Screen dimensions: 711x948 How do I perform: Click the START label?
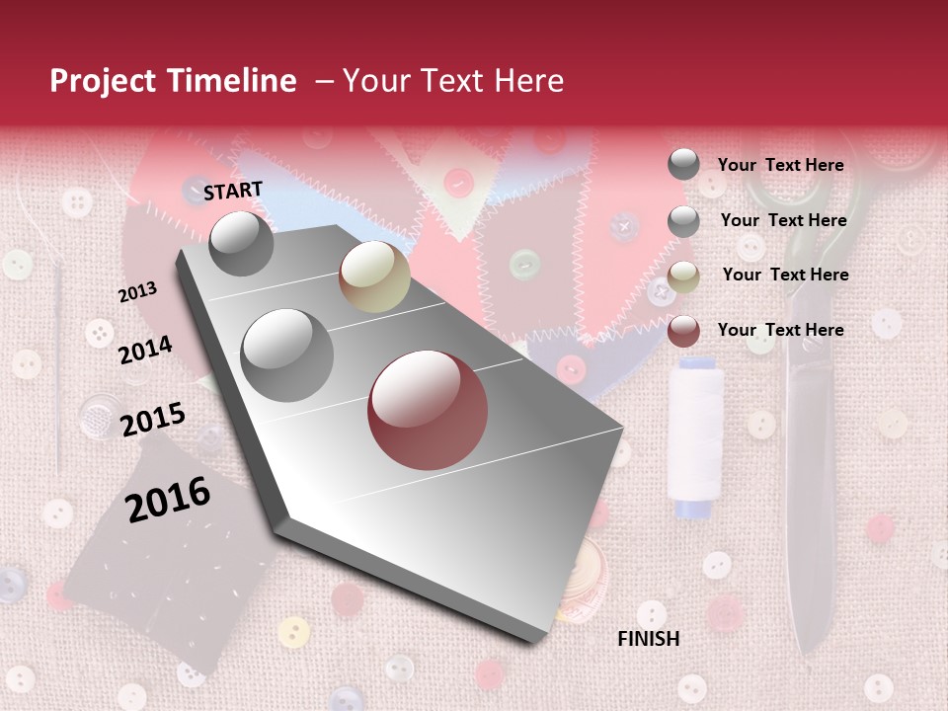[x=233, y=191]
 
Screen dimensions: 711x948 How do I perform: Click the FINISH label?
[x=648, y=639]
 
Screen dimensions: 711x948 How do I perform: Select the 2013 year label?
[x=137, y=292]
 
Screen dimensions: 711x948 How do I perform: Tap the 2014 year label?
[x=145, y=350]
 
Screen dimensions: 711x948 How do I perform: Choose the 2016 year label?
[x=168, y=499]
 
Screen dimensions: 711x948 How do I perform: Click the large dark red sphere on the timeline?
[x=428, y=410]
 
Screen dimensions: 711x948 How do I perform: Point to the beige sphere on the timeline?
[x=374, y=276]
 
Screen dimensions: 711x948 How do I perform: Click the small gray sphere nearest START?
[x=241, y=243]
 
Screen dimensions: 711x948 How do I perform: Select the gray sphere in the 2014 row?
[x=286, y=355]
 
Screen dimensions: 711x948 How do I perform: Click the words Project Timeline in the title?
[x=173, y=81]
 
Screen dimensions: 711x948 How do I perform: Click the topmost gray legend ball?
[x=683, y=164]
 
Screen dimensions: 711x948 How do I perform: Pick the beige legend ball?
[x=683, y=276]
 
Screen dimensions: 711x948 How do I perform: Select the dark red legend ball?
[x=683, y=331]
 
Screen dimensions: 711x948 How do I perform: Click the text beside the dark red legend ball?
[x=780, y=330]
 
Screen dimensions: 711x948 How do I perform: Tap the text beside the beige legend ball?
[x=785, y=275]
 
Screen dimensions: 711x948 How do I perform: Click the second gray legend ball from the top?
[x=683, y=221]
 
